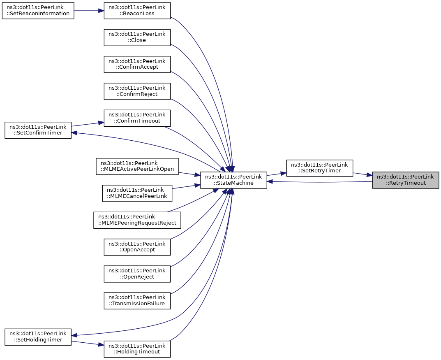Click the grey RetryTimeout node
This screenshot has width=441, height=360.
[x=406, y=180]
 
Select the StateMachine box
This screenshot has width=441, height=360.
[x=233, y=180]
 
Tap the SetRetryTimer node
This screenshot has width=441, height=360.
[x=319, y=168]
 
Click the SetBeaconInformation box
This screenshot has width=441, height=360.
[x=38, y=11]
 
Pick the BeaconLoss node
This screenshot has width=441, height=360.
[x=137, y=11]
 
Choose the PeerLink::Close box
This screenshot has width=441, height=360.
[x=137, y=37]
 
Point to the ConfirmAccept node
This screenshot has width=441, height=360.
[x=137, y=65]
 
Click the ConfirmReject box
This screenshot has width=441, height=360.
[x=137, y=91]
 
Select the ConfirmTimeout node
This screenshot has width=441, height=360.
[x=137, y=118]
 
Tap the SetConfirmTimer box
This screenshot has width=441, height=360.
[x=38, y=130]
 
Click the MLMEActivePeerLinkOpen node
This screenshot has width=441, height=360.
[x=137, y=166]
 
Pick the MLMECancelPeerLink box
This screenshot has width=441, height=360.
[x=137, y=193]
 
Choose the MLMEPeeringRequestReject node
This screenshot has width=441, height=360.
[x=137, y=220]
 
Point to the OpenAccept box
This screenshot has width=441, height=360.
[x=137, y=247]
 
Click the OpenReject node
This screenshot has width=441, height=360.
[x=137, y=274]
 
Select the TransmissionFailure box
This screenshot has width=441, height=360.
[x=137, y=301]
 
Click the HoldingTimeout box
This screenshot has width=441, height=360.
[x=137, y=349]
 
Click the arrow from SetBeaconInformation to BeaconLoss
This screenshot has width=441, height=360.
[x=89, y=11]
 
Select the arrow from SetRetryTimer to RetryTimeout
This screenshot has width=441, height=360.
[x=363, y=174]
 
